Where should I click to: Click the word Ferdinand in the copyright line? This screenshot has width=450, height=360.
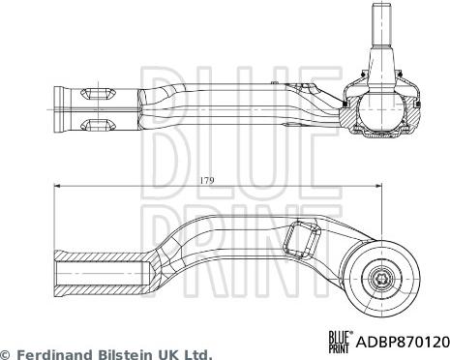pos(56,354)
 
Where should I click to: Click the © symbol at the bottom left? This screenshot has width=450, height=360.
pos(7,354)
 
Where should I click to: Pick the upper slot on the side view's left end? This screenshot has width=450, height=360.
pos(101,94)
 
